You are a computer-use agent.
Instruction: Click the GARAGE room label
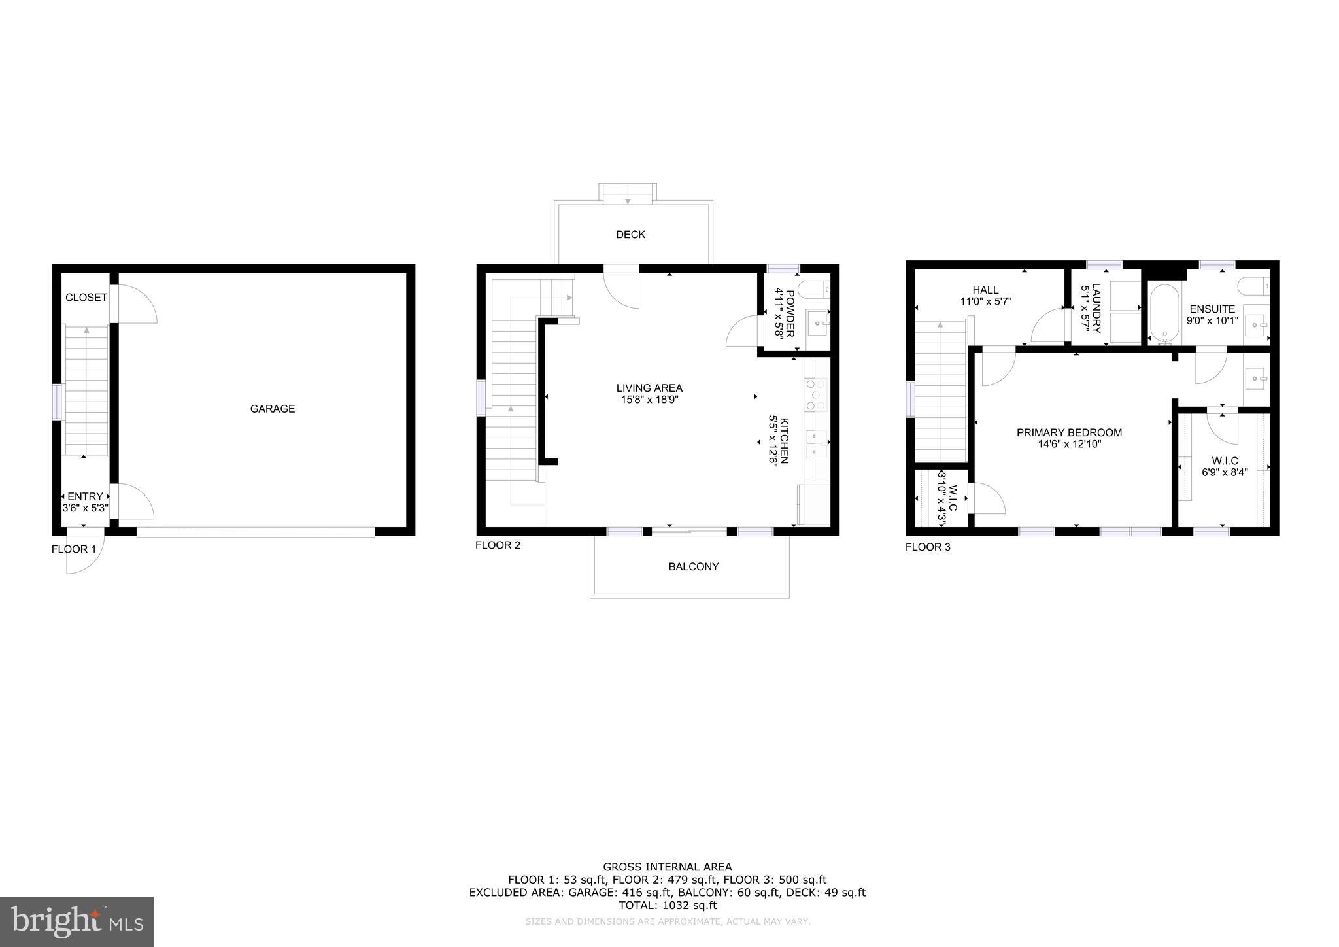point(272,409)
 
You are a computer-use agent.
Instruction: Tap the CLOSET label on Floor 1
point(86,298)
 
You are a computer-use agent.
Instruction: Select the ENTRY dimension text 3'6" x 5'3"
point(85,508)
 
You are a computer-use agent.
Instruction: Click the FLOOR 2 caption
point(498,545)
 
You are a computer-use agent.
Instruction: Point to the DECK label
point(630,235)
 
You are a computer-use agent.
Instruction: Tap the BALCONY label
point(693,567)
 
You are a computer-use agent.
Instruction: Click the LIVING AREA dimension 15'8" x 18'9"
point(649,400)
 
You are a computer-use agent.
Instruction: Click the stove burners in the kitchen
point(816,395)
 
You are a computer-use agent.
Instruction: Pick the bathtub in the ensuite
point(1164,313)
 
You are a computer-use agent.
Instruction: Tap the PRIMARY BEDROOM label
point(1069,432)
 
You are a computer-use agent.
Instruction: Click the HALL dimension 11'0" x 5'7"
point(985,302)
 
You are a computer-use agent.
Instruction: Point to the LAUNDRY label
point(1096,308)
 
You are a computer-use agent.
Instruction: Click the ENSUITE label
point(1212,309)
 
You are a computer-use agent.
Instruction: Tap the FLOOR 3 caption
point(928,547)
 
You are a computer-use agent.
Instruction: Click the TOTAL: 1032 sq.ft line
point(668,905)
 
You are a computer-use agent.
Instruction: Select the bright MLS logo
point(76,921)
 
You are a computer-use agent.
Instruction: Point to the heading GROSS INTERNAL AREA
point(668,867)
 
